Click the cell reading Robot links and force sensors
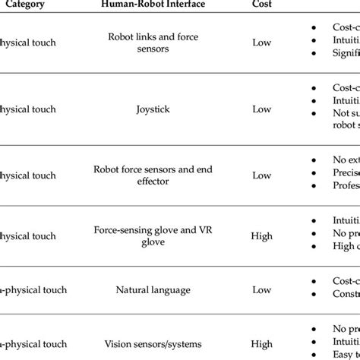154,43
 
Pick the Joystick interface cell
154,109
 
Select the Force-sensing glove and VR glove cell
154,235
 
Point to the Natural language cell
154,289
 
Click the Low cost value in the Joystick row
261,109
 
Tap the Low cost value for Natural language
261,289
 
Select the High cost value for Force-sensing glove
261,235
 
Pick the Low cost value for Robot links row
261,43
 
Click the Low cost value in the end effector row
261,175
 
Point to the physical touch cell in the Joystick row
28,109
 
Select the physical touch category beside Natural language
33,289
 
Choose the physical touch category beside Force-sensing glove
28,235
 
